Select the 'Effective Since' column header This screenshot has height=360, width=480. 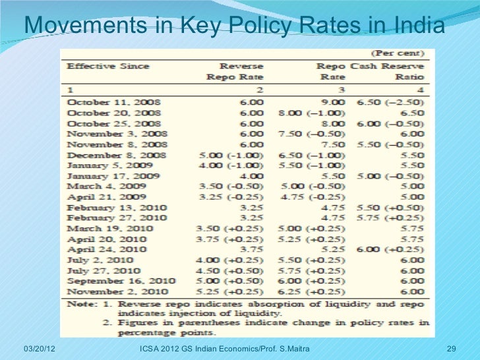[108, 66]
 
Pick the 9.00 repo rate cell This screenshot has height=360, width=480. [334, 103]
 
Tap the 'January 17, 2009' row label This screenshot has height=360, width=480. [110, 176]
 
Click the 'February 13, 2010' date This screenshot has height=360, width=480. [115, 208]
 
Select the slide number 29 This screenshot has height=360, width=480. [452, 347]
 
